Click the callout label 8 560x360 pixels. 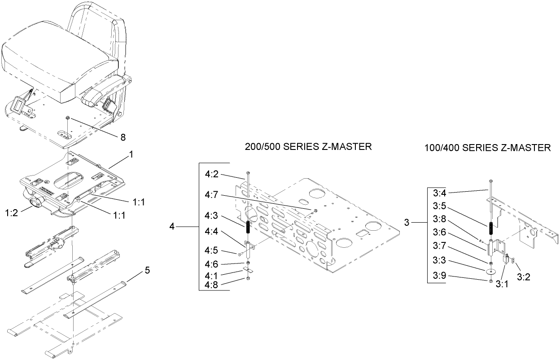click(122, 137)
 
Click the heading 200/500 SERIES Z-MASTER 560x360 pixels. click(308, 147)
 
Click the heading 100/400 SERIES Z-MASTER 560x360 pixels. click(487, 148)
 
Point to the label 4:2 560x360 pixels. click(212, 174)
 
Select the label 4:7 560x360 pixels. click(212, 194)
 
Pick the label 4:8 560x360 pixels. click(212, 285)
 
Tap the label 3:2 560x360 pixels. click(523, 277)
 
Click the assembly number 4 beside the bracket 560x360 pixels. click(172, 227)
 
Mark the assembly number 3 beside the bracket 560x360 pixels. click(407, 222)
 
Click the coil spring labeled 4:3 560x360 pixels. click(247, 228)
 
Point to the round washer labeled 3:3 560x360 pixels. click(491, 272)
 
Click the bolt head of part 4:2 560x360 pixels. click(247, 173)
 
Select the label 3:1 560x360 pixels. click(501, 284)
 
